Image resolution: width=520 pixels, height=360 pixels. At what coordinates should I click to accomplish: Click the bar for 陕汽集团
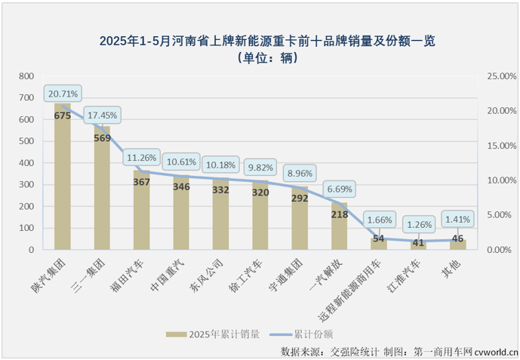pos(62,181)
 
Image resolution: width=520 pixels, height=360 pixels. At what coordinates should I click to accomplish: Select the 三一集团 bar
pos(102,192)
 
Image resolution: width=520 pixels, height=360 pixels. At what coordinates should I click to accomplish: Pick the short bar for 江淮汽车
pos(419,245)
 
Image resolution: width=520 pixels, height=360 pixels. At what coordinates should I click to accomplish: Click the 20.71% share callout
pos(62,94)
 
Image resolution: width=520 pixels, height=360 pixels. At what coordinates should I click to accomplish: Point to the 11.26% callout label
pos(142,158)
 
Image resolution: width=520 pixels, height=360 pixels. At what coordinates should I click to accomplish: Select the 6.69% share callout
pos(340,189)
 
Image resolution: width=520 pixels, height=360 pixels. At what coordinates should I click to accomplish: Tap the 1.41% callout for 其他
pos(457,220)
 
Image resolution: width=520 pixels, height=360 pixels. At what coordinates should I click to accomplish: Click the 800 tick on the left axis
pos(26,76)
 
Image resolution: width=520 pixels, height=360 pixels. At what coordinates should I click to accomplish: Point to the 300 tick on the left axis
pos(26,185)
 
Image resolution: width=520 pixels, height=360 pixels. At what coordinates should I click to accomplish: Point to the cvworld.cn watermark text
pos(496,352)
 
